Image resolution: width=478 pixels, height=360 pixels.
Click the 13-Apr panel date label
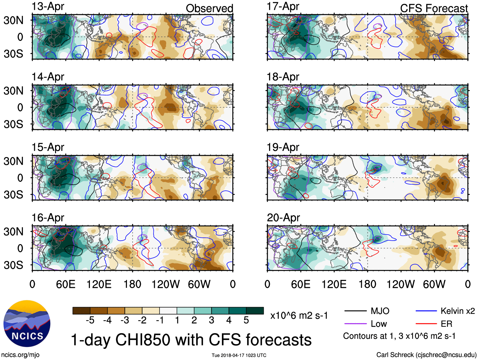point(48,6)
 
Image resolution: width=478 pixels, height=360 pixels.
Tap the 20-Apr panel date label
point(283,218)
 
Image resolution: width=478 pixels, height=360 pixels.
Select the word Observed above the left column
point(209,9)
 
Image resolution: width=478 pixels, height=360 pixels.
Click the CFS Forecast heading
point(434,9)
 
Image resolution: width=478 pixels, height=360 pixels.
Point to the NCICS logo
point(27,323)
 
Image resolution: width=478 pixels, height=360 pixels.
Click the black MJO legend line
point(355,311)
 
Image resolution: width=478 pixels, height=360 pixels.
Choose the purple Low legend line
point(355,324)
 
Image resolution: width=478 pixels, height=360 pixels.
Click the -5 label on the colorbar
point(90,320)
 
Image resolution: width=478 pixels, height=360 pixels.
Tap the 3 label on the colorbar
point(211,320)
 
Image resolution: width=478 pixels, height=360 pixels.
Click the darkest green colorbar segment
point(255,311)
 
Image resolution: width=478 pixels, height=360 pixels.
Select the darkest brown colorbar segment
point(81,311)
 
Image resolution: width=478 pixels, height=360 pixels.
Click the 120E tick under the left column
point(99,284)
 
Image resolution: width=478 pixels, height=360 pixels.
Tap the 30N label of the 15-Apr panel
point(13,161)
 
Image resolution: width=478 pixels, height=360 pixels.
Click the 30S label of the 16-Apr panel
point(13,265)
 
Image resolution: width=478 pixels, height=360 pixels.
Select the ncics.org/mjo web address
point(20,355)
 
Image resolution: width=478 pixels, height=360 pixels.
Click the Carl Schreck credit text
point(426,355)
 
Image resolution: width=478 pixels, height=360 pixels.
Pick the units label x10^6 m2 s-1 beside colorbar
point(299,315)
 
